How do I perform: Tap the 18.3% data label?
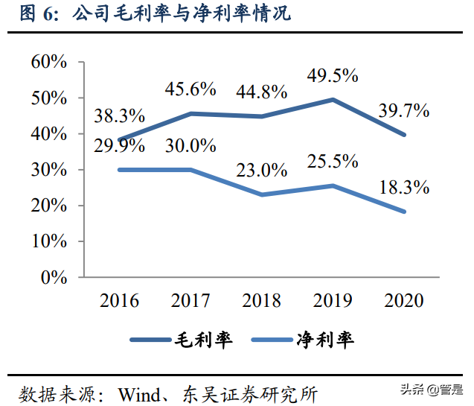404,188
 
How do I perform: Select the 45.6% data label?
190,89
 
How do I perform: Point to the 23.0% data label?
262,170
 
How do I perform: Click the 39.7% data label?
404,112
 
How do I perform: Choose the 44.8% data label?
262,92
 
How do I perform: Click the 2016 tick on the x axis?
119,301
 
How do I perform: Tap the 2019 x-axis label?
333,301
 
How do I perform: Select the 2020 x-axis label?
404,301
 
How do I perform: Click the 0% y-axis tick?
54,277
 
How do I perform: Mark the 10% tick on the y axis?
50,241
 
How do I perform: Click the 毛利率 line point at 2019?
333,99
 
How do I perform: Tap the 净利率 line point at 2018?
262,194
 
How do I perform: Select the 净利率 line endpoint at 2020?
404,212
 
